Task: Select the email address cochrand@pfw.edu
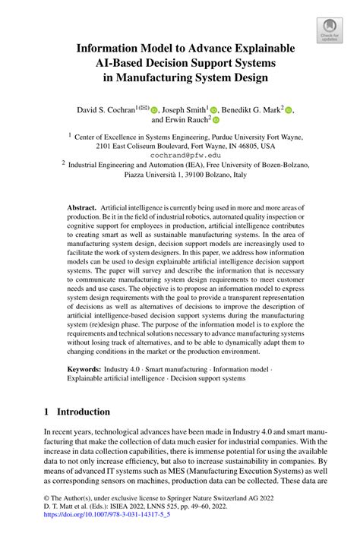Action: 180,156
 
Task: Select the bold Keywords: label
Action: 85,368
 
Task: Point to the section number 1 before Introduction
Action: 47,412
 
